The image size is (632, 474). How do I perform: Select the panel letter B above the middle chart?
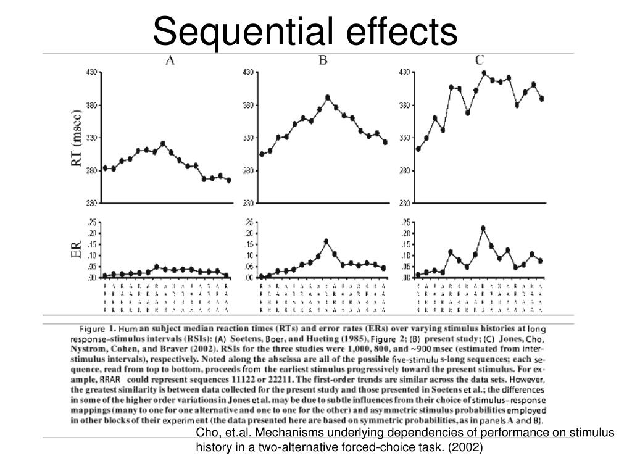click(x=322, y=60)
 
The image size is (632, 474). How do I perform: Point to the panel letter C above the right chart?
click(x=479, y=60)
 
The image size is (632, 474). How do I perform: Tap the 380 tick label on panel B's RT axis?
click(x=248, y=106)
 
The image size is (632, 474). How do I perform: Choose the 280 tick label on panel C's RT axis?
click(x=404, y=171)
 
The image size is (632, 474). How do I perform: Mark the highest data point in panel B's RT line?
click(x=328, y=98)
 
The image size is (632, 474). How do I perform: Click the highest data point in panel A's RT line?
click(x=163, y=143)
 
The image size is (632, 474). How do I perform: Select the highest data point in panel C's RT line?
click(x=484, y=73)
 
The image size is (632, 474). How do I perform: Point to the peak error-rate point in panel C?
click(x=483, y=228)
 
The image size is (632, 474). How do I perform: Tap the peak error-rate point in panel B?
click(x=326, y=241)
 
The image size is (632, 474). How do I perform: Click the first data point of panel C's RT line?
click(x=418, y=149)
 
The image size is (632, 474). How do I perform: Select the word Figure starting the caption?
click(x=91, y=330)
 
